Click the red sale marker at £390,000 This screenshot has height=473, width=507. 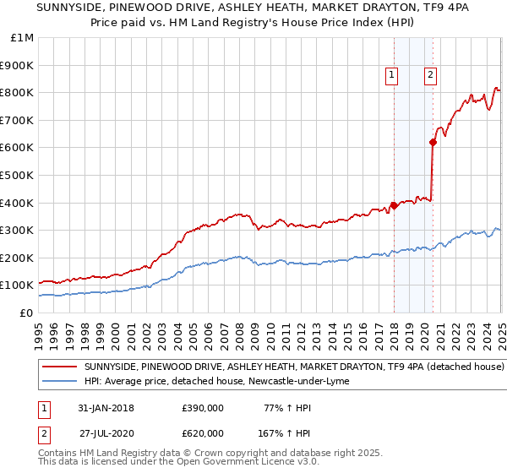coord(394,205)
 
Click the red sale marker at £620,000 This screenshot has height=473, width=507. coord(433,142)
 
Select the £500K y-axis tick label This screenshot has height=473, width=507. coord(17,176)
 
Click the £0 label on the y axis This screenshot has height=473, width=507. coord(26,313)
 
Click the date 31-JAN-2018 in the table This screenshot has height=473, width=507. coord(106,408)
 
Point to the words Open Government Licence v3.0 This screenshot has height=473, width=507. coord(243,462)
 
